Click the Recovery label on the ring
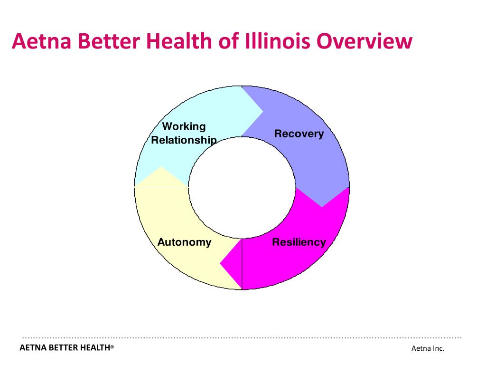pyautogui.click(x=299, y=134)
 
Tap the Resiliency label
pyautogui.click(x=299, y=242)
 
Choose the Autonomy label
pyautogui.click(x=184, y=242)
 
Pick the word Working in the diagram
pyautogui.click(x=184, y=126)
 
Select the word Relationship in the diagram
pyautogui.click(x=184, y=140)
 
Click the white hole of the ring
pyautogui.click(x=242, y=188)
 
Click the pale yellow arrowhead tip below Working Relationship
pyautogui.click(x=161, y=167)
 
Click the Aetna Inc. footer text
pyautogui.click(x=428, y=348)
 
